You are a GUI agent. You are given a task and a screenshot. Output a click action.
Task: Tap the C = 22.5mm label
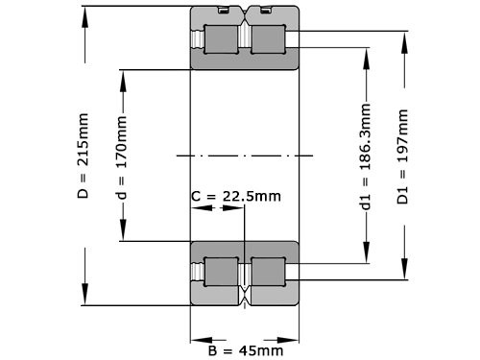pos(236,197)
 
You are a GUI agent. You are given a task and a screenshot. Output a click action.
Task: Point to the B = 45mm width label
pos(245,350)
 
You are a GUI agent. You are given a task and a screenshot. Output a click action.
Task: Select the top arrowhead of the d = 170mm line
pos(122,75)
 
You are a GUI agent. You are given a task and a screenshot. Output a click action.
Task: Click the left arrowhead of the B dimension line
pos(196,338)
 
